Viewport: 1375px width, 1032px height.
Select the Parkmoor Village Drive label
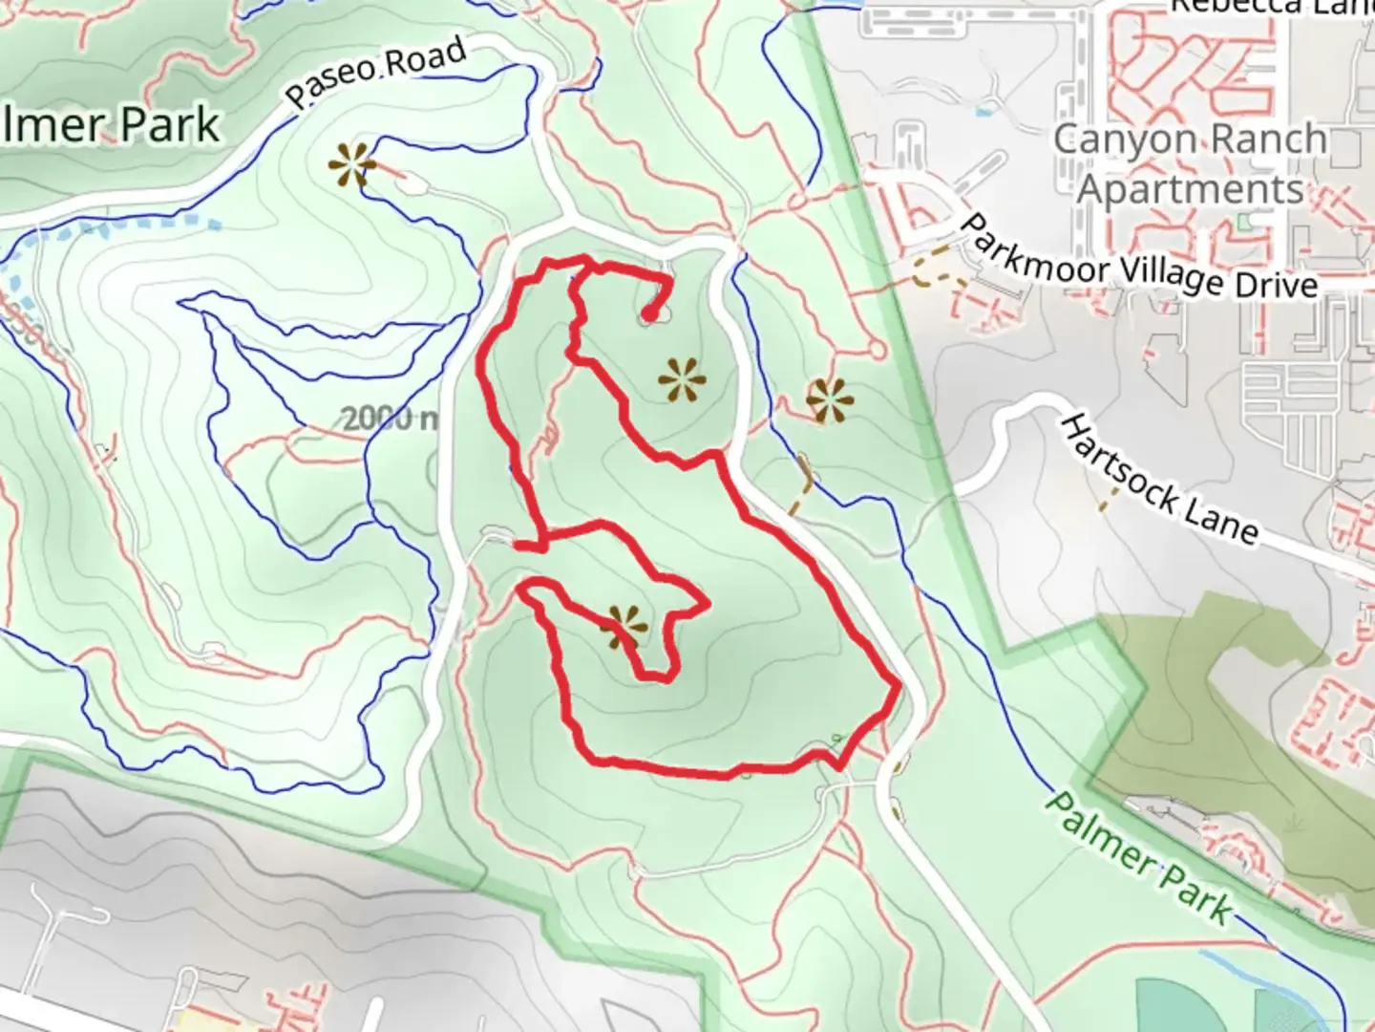[x=1141, y=259]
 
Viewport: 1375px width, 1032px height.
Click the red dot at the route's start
[x=649, y=312]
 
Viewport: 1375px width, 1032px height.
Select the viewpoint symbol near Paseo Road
[x=352, y=165]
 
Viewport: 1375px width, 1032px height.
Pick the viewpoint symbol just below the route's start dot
[x=683, y=381]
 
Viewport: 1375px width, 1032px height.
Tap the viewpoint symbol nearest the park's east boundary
[x=829, y=399]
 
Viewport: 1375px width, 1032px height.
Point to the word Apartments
[x=1191, y=190]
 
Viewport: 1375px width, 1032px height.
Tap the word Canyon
[x=1112, y=140]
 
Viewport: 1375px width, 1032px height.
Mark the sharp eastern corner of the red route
[x=898, y=685]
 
